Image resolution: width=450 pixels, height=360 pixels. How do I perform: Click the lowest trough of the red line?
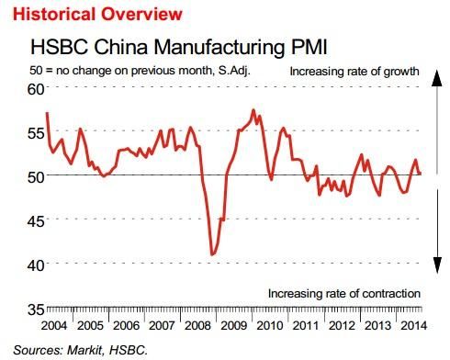click(x=212, y=253)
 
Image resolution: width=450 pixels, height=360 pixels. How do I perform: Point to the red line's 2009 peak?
click(x=253, y=111)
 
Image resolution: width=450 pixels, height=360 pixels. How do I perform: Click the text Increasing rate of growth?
click(x=354, y=72)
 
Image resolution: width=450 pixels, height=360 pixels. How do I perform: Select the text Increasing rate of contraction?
click(x=343, y=294)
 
